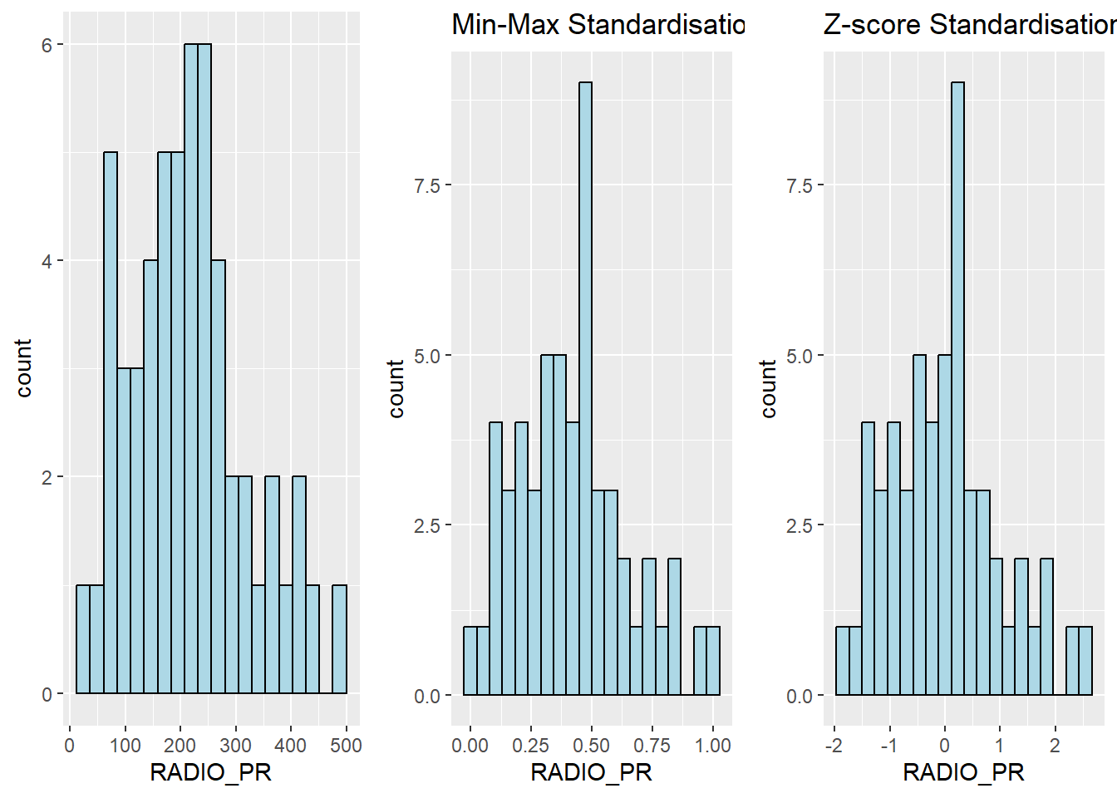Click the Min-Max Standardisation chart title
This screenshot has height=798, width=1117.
coord(597,25)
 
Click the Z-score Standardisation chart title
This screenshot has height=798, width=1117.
coord(969,25)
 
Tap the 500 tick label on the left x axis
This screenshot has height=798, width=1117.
coord(346,745)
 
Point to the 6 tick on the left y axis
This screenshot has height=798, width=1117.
coord(47,45)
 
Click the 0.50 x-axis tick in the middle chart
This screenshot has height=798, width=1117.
coord(591,746)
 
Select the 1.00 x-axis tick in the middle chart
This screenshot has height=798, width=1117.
coord(712,746)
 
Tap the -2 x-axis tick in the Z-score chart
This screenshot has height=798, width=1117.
coord(833,746)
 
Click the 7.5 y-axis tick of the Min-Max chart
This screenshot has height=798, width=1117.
coord(426,185)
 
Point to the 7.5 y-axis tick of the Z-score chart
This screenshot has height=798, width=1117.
coord(799,185)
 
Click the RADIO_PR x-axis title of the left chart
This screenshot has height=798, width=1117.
coord(210,773)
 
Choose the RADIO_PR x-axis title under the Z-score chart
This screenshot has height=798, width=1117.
coord(963,773)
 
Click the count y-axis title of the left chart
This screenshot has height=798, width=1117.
coord(23,368)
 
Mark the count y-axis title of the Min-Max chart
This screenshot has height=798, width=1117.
coord(396,388)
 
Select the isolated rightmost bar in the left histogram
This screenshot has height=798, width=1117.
coord(339,640)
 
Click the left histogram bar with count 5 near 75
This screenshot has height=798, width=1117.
coord(111,424)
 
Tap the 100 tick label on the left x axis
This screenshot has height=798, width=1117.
coord(125,745)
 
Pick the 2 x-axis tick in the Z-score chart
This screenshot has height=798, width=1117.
coord(1054,746)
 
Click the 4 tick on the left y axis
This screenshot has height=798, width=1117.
coord(47,261)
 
